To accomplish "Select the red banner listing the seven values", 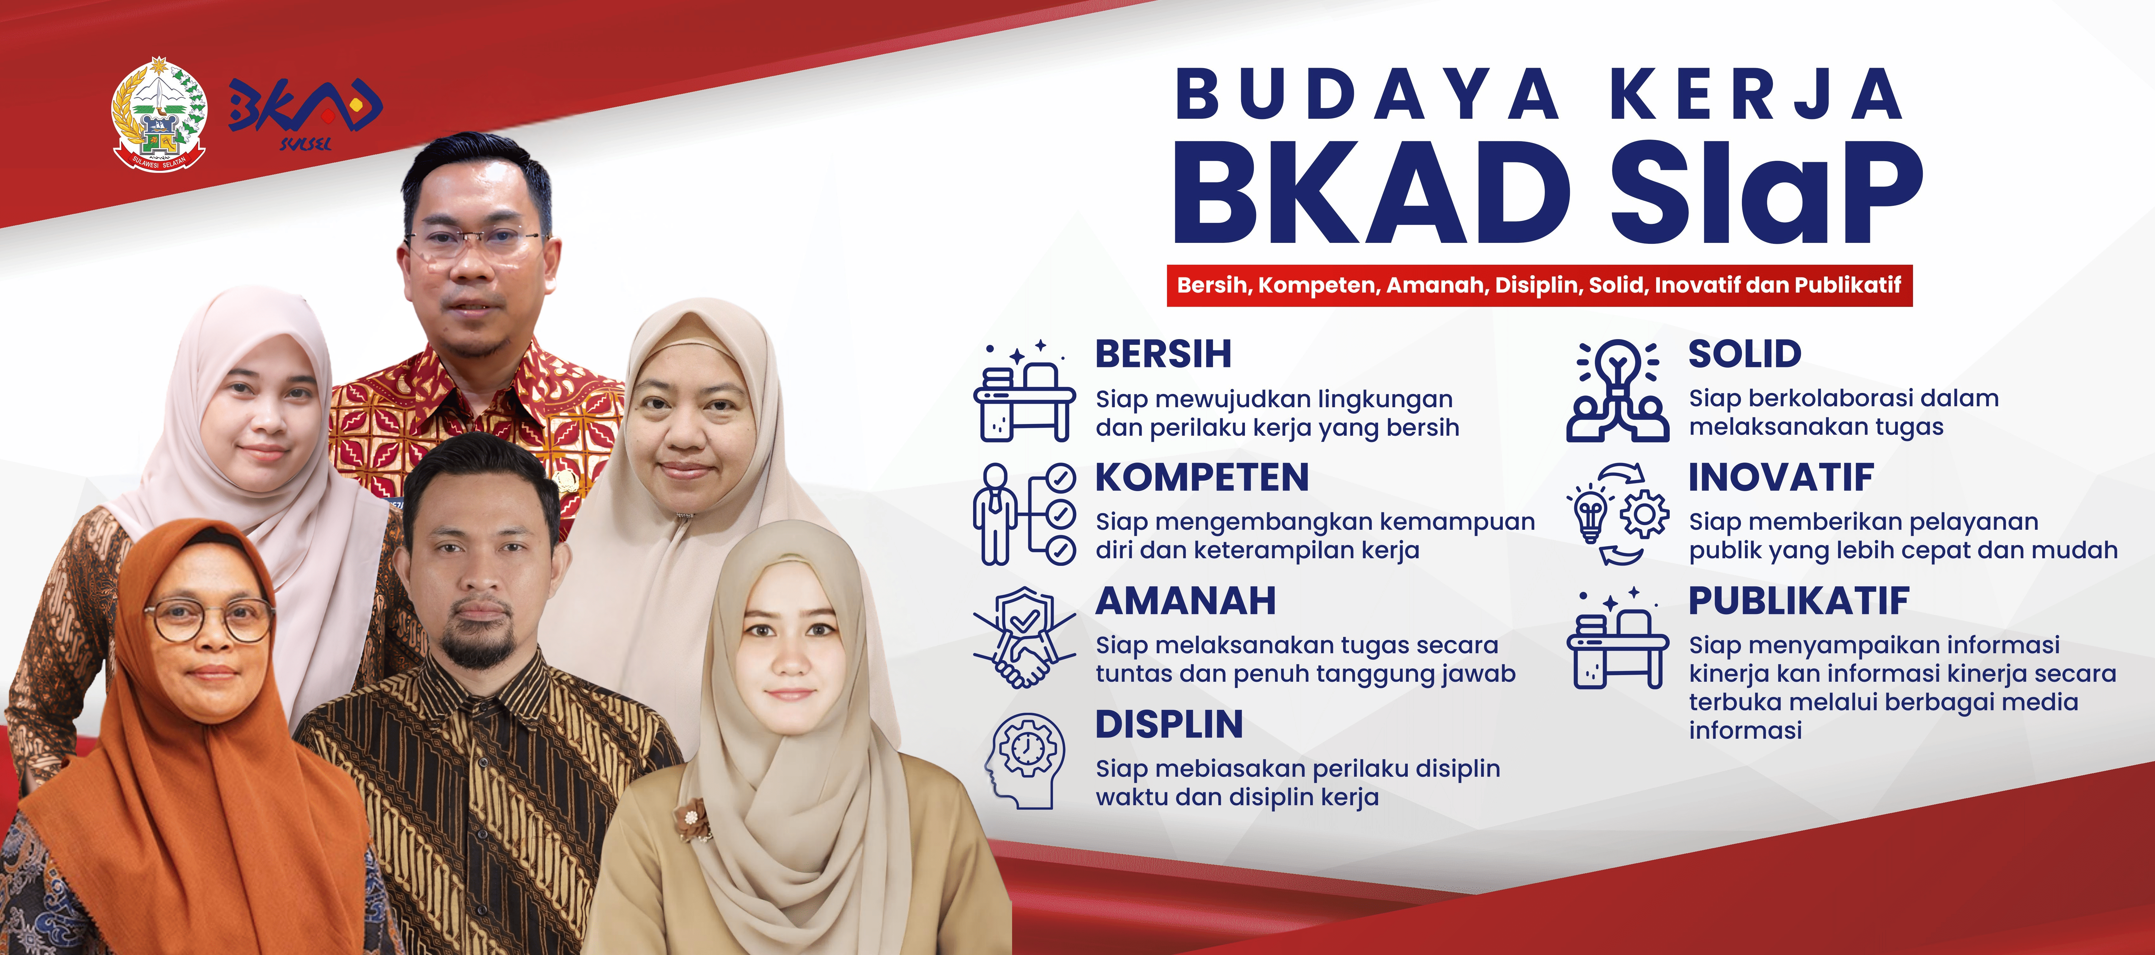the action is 1539,285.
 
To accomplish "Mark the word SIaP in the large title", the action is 1765,192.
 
